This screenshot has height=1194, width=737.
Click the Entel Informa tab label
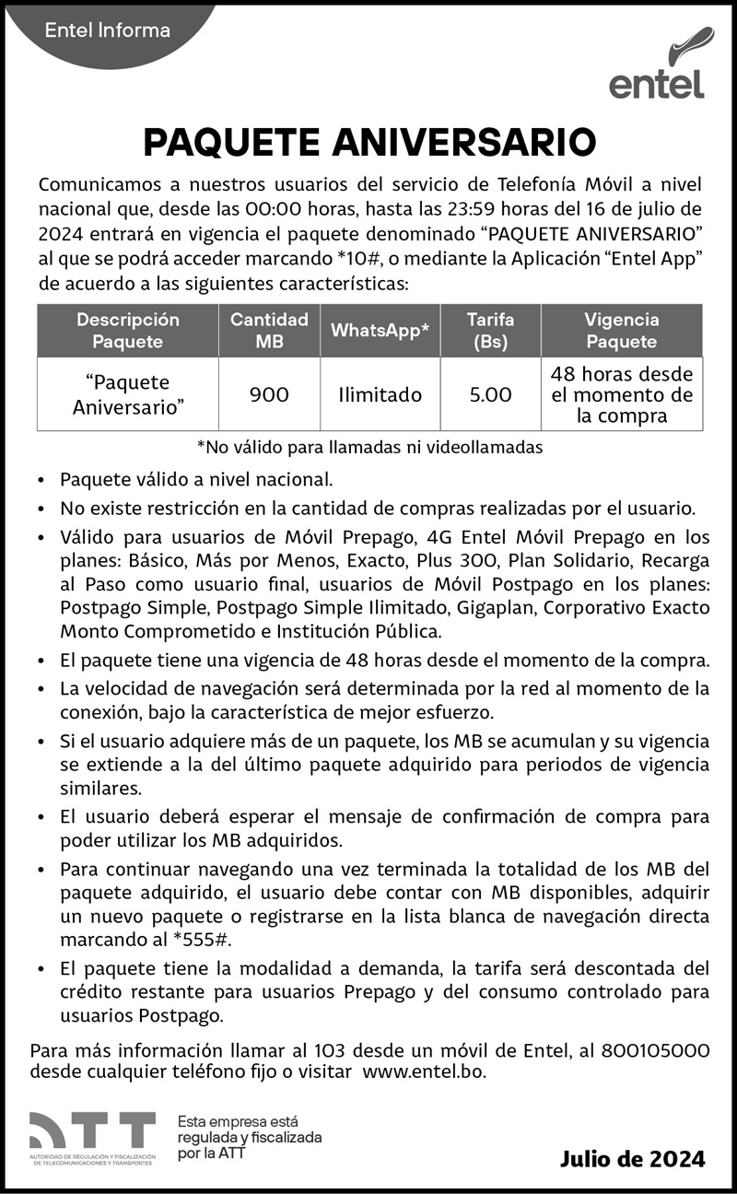point(108,30)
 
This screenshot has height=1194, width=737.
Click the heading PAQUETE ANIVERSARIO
point(369,143)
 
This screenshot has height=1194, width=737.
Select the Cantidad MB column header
point(269,330)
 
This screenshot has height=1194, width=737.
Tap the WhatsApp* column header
point(380,331)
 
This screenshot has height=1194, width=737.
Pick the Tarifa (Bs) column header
point(490,330)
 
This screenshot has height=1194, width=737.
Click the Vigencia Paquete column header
point(622,330)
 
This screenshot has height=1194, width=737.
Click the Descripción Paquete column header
point(128,330)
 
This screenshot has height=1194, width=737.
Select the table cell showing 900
point(269,395)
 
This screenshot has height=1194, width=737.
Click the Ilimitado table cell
point(380,395)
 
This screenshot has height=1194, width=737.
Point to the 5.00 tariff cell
point(490,395)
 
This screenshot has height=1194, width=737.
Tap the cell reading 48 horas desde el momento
point(622,395)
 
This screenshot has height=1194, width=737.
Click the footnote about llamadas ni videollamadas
point(369,448)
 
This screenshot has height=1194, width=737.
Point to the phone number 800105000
point(655,1051)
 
